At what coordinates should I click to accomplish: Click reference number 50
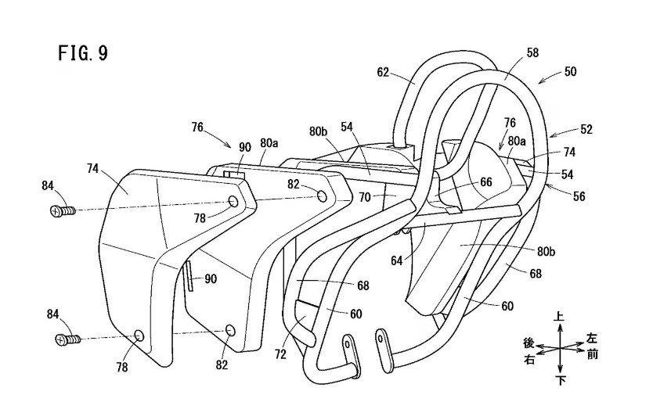[x=570, y=71]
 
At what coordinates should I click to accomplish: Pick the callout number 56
[x=579, y=196]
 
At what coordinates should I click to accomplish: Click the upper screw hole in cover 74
[x=233, y=202]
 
